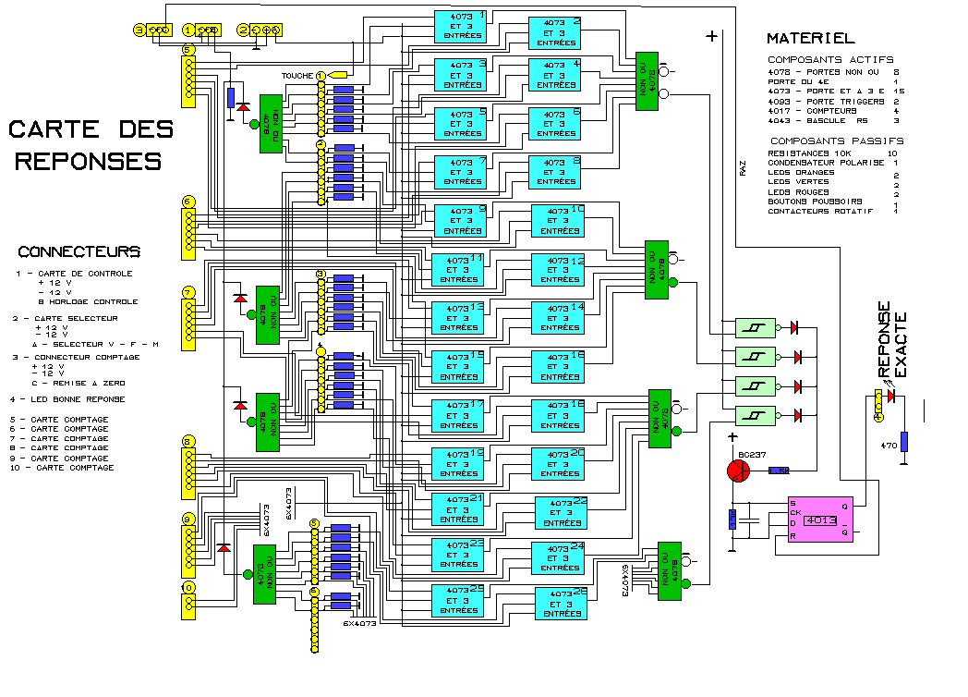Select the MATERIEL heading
(x=810, y=39)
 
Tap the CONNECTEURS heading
(x=79, y=251)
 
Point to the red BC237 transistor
(x=740, y=470)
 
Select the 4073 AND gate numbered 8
(x=554, y=171)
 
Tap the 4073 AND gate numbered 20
(x=558, y=463)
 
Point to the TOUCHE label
(x=297, y=75)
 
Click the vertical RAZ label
(x=742, y=167)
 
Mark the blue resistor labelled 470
(x=904, y=442)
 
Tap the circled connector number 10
(x=188, y=587)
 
